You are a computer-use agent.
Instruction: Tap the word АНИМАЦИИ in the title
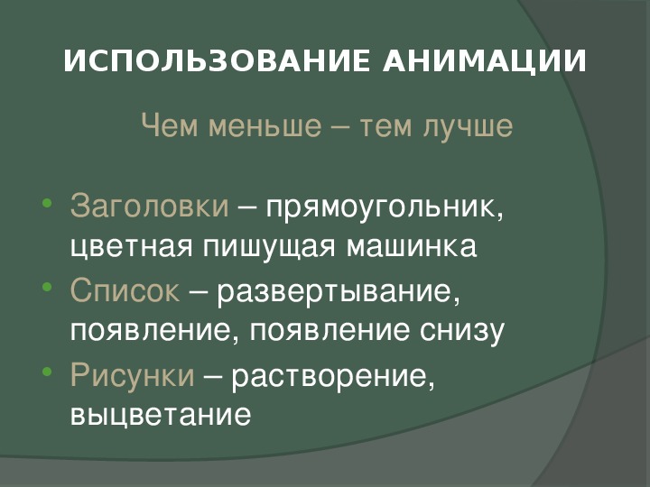pos(484,62)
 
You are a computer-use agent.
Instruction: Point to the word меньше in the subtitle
pos(265,125)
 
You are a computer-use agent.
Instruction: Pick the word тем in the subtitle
pos(386,127)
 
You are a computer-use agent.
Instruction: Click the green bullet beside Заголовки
pos(47,203)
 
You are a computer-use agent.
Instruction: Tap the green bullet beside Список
pos(47,287)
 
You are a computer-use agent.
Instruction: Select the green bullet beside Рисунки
pos(47,371)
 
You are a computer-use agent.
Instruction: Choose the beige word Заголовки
pos(149,206)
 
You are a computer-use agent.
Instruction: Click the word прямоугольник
pos(385,208)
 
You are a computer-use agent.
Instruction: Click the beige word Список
pos(125,289)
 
